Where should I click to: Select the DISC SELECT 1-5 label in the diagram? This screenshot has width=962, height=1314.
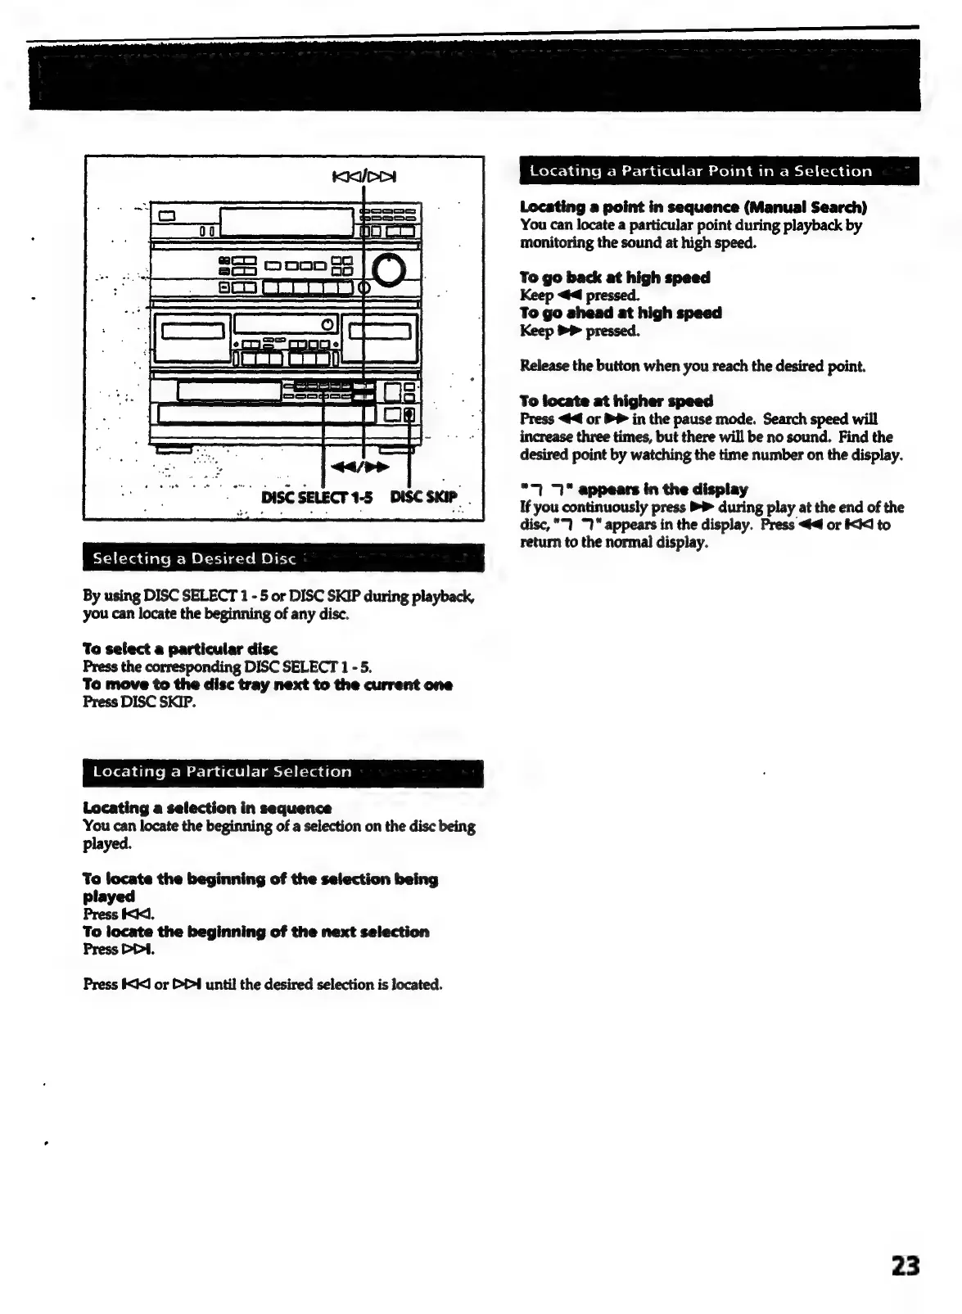[317, 496]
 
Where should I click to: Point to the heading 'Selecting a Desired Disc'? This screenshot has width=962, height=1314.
[194, 558]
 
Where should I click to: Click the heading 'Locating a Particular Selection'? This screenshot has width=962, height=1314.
[222, 771]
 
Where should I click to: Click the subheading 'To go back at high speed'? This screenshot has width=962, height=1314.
[615, 278]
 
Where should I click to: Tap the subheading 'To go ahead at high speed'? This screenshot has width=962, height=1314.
[621, 313]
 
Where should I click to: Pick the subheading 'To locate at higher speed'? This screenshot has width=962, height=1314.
[616, 400]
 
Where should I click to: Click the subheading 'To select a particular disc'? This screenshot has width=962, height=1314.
[180, 649]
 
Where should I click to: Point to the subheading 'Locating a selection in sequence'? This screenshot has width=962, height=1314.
[207, 808]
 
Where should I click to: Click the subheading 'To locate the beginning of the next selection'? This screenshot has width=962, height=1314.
[255, 932]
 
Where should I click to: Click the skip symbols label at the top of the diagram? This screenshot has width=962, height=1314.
[364, 175]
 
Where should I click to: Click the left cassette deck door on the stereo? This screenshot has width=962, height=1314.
[192, 332]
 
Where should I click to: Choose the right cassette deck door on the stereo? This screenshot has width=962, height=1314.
[380, 332]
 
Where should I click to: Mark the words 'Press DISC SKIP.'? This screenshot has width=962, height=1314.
[139, 702]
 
